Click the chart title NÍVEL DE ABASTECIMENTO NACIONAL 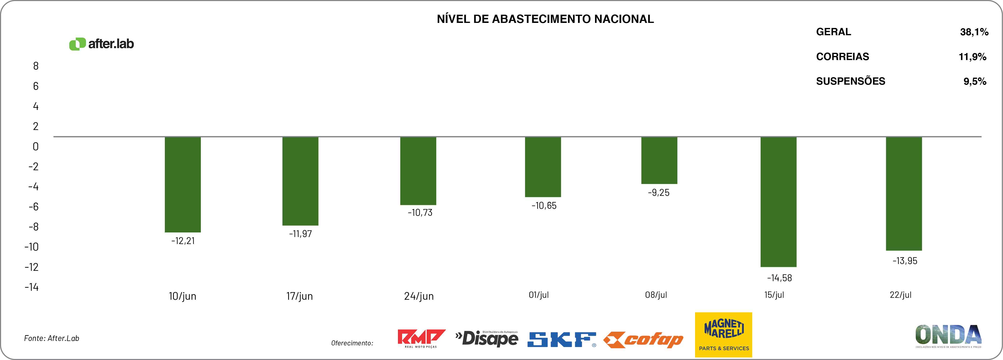(x=545, y=19)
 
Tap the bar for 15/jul (x=778, y=202)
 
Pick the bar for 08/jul (x=659, y=160)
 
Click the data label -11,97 (x=300, y=234)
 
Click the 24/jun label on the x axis (x=418, y=296)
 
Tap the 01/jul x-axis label (x=538, y=295)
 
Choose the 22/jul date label (x=900, y=295)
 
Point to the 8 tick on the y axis (x=36, y=66)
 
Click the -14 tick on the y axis (x=32, y=287)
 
